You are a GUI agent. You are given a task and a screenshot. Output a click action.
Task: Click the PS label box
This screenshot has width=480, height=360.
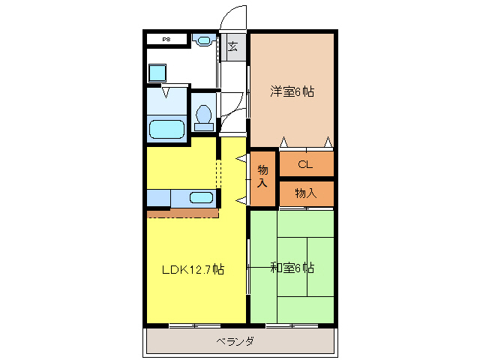coord(166,38)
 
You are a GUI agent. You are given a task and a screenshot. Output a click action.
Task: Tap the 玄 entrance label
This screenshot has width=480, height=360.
coord(232,46)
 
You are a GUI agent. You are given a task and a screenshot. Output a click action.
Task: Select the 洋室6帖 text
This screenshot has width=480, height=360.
coord(292,91)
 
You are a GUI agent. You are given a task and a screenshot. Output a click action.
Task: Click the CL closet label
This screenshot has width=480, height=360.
coord(304,164)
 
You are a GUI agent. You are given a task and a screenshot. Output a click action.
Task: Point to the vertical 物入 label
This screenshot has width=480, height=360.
coord(262,177)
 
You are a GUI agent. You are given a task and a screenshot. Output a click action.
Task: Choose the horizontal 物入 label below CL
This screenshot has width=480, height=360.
coord(305,193)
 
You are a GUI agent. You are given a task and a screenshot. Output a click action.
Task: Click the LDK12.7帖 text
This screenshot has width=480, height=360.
coord(193,268)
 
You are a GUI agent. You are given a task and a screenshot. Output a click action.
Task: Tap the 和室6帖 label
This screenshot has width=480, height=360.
coord(292,267)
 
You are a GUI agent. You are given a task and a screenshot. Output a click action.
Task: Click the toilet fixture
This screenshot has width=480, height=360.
coord(203,117)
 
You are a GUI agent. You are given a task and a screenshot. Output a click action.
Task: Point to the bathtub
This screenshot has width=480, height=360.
coord(166,128)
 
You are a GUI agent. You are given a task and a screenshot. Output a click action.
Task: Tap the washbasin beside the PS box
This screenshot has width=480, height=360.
coord(202,40)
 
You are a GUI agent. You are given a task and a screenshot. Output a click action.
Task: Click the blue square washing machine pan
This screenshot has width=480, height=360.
coord(157,73)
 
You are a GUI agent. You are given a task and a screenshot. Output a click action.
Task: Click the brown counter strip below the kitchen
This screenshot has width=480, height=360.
coord(182,213)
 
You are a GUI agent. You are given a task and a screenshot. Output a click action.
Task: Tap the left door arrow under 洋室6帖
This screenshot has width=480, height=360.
coord(283,142)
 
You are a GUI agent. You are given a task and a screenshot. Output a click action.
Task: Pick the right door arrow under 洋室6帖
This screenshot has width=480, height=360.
coord(328,142)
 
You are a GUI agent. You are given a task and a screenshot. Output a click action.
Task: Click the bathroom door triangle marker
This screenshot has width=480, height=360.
coord(166,94)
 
